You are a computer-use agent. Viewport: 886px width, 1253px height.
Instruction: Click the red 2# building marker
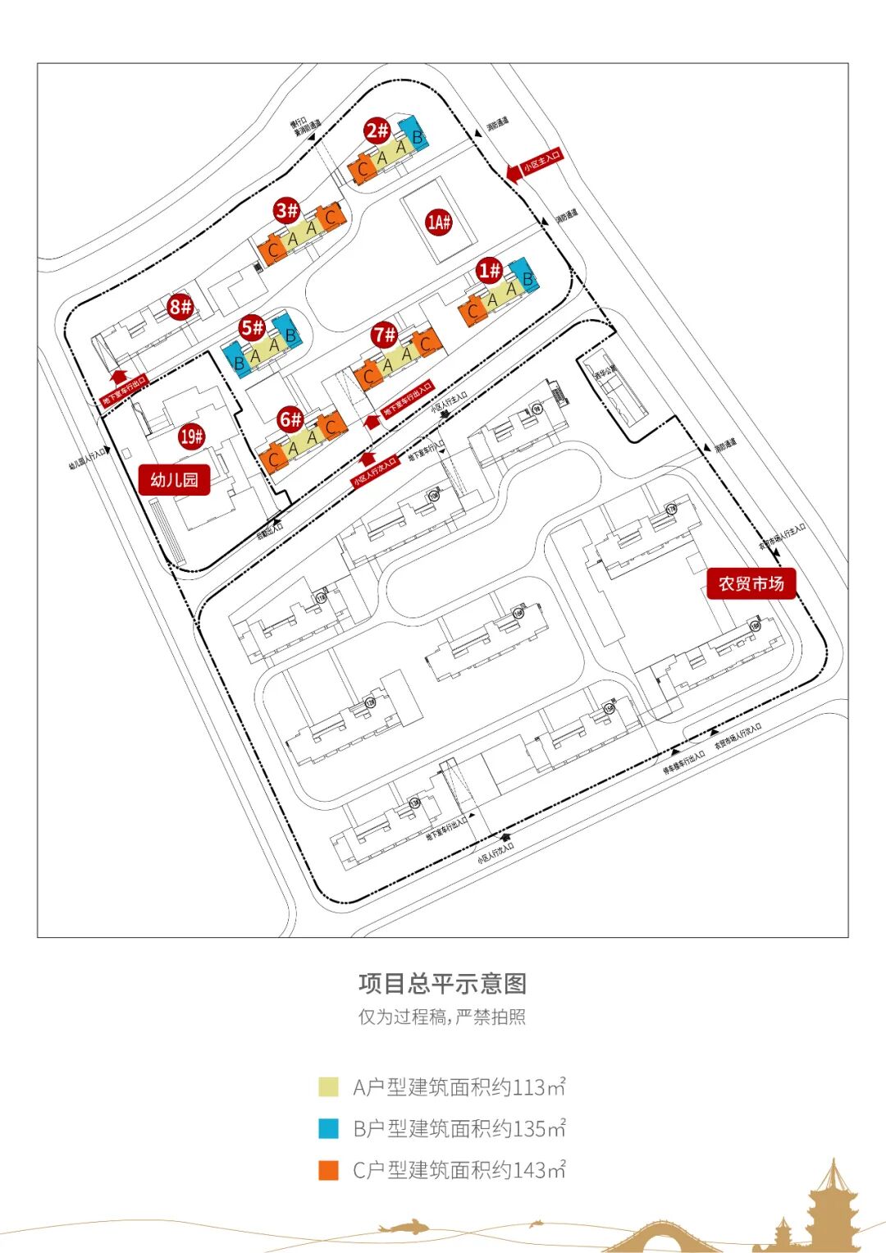pyautogui.click(x=377, y=130)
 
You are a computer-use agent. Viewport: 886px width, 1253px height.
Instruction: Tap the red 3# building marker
pyautogui.click(x=287, y=210)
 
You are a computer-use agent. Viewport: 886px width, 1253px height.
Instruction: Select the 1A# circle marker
pyautogui.click(x=440, y=222)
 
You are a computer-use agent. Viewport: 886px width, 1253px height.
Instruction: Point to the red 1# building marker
pyautogui.click(x=490, y=270)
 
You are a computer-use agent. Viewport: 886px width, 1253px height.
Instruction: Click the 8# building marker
pyautogui.click(x=180, y=307)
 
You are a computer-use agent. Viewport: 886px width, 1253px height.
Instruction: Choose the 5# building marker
pyautogui.click(x=253, y=328)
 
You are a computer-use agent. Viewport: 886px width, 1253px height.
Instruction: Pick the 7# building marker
pyautogui.click(x=384, y=335)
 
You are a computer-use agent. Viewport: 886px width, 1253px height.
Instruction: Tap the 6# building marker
pyautogui.click(x=290, y=420)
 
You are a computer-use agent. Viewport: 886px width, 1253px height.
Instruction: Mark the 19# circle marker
pyautogui.click(x=192, y=437)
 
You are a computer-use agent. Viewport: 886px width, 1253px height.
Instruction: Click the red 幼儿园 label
pyautogui.click(x=174, y=480)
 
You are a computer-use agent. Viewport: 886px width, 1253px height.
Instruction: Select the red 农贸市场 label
pyautogui.click(x=751, y=583)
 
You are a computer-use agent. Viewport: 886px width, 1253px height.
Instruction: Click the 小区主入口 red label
pyautogui.click(x=542, y=161)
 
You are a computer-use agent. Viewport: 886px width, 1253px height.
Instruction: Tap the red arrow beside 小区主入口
pyautogui.click(x=513, y=172)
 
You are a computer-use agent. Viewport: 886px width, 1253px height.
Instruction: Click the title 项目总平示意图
pyautogui.click(x=443, y=983)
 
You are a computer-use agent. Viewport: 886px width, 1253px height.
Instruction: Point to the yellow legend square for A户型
pyautogui.click(x=328, y=1087)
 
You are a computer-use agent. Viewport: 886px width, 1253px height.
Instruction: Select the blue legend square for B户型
pyautogui.click(x=328, y=1128)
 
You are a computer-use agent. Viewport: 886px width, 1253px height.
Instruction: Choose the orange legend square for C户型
pyautogui.click(x=328, y=1170)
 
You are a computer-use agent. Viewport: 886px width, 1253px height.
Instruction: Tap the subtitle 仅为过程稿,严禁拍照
pyautogui.click(x=443, y=1017)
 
